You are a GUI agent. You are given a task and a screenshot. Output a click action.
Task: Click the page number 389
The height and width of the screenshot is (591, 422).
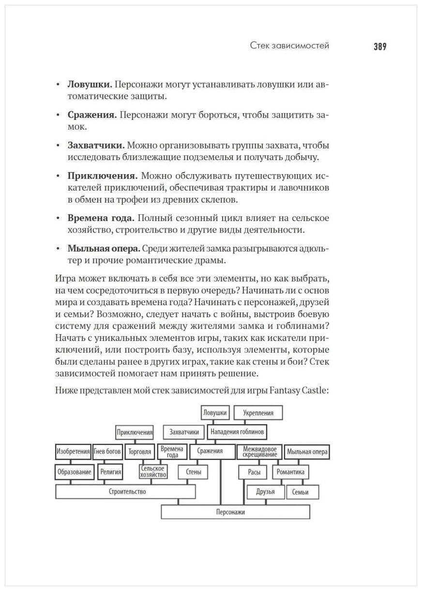[379, 47]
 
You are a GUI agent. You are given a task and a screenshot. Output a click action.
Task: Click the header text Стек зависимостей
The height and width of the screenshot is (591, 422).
[289, 46]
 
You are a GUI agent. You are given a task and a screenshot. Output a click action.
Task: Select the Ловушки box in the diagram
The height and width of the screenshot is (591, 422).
[215, 413]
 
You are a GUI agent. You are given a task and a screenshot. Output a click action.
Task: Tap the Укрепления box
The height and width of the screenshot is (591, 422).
[258, 413]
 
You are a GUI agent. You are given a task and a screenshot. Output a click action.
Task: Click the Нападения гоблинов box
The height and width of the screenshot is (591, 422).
[237, 432]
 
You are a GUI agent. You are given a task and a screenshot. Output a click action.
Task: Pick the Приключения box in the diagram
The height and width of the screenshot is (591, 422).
[135, 432]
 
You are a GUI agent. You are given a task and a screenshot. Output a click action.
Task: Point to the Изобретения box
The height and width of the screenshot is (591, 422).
[73, 452]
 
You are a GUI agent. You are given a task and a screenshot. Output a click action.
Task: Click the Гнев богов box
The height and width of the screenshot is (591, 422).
[107, 452]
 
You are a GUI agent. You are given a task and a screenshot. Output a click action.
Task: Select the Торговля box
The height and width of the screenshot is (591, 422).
[139, 452]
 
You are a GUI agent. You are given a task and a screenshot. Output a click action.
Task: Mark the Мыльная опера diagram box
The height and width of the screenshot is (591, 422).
[307, 452]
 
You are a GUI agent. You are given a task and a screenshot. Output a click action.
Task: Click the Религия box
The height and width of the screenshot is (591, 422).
[110, 472]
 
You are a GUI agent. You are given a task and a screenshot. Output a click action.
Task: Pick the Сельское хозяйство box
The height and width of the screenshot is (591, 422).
[153, 472]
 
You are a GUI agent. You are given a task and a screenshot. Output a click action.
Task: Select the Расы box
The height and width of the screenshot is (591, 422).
[251, 472]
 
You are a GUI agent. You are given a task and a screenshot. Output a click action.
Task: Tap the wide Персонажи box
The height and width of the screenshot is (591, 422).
[235, 512]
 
